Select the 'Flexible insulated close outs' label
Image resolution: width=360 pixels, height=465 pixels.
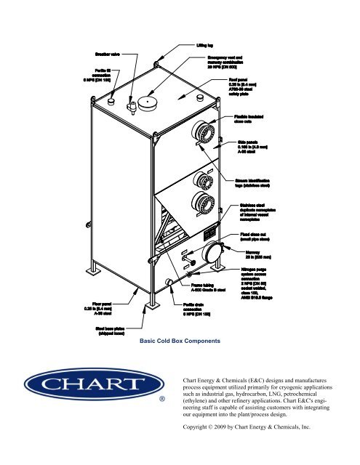click(254, 119)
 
